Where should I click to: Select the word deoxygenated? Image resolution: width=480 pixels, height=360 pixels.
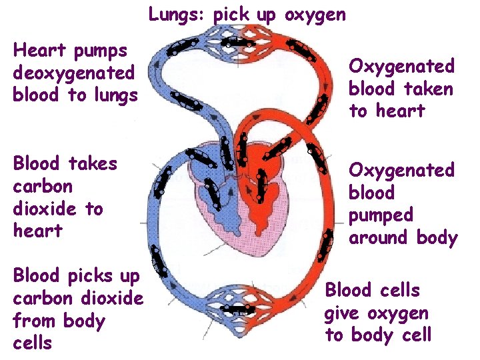tap(74, 73)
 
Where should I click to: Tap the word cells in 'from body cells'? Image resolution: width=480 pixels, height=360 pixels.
tap(32, 343)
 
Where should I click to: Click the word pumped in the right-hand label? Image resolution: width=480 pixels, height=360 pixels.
tap(381, 215)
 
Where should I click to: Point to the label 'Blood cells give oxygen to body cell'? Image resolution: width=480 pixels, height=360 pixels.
tap(377, 313)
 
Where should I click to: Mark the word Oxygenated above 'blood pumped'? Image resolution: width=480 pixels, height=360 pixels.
tap(401, 171)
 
